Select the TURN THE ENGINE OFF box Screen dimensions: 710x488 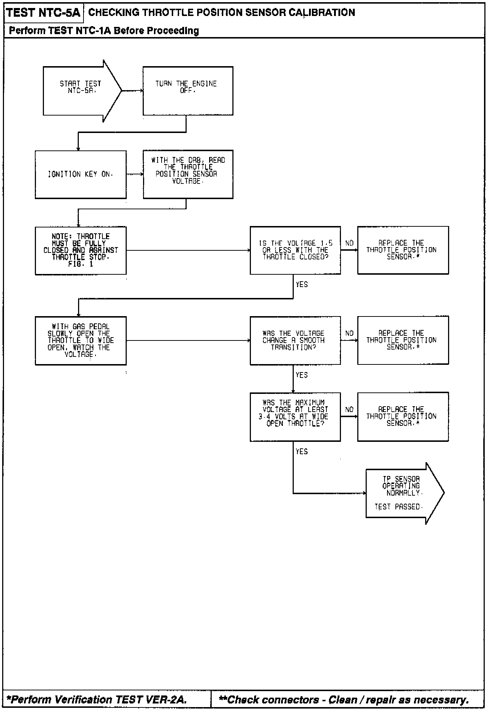pos(188,91)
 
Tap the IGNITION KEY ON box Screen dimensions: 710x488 pos(81,174)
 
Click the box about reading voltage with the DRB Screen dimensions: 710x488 pos(188,174)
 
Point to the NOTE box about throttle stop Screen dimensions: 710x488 pos(81,250)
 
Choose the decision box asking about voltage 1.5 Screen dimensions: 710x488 pos(295,250)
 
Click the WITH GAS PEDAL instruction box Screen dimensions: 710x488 pos(81,340)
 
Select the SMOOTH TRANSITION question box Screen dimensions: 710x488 pos(295,340)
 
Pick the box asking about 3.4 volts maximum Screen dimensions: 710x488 pos(295,416)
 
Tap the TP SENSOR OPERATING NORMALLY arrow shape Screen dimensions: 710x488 pos(401,493)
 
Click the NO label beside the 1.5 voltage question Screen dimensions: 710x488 pos(349,243)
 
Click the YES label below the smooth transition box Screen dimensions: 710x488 pos(301,375)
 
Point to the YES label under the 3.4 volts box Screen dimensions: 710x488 pos(301,452)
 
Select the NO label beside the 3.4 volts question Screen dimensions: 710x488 pos(349,410)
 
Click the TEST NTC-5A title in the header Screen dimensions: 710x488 pos(43,13)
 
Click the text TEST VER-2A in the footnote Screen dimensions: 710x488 pos(151,699)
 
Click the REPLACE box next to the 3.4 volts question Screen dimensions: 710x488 pos(403,416)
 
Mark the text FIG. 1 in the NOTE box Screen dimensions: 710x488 pos(81,264)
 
